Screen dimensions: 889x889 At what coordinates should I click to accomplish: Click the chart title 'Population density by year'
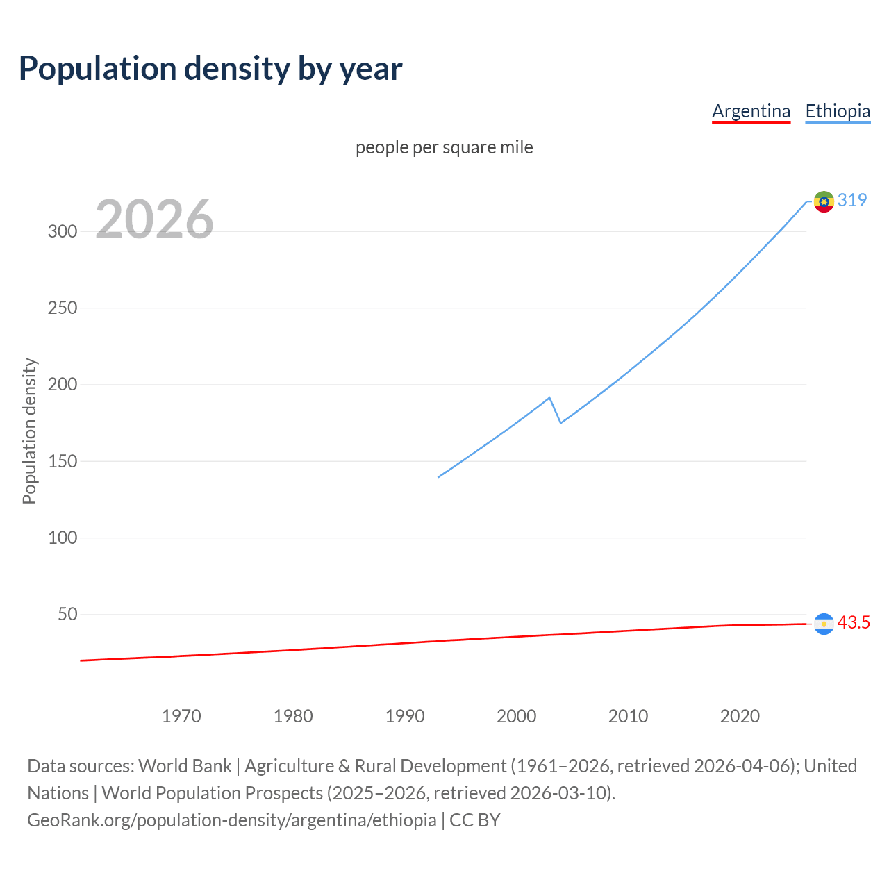pyautogui.click(x=210, y=68)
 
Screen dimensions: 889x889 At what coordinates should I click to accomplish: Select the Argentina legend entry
pyautogui.click(x=751, y=111)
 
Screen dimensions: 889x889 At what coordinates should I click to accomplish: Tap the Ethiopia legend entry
pyautogui.click(x=838, y=111)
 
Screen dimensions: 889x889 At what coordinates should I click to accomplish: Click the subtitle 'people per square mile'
pyautogui.click(x=444, y=147)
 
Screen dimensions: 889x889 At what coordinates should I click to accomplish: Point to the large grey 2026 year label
pyautogui.click(x=154, y=219)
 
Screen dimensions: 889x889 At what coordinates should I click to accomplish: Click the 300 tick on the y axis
pyautogui.click(x=63, y=231)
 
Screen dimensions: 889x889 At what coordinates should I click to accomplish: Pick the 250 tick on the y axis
pyautogui.click(x=63, y=308)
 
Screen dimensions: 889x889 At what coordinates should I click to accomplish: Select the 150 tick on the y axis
pyautogui.click(x=63, y=461)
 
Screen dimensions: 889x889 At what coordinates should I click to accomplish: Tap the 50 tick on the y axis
pyautogui.click(x=67, y=614)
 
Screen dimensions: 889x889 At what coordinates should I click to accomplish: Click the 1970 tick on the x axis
pyautogui.click(x=181, y=716)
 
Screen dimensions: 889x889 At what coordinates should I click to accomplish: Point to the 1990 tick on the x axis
pyautogui.click(x=405, y=716)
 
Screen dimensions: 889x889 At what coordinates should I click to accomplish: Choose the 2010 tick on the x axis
pyautogui.click(x=628, y=716)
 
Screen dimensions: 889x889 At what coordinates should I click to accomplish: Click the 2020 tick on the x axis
pyautogui.click(x=740, y=716)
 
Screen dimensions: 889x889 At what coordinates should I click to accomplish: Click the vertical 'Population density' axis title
pyautogui.click(x=29, y=431)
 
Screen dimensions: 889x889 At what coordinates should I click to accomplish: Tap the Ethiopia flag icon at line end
pyautogui.click(x=824, y=201)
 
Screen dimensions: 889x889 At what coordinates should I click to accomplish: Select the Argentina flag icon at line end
pyautogui.click(x=824, y=624)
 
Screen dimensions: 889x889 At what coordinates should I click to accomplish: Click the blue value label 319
pyautogui.click(x=852, y=200)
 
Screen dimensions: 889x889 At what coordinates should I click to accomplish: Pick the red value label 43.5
pyautogui.click(x=854, y=622)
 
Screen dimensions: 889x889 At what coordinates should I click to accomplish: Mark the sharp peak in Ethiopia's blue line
pyautogui.click(x=549, y=398)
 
